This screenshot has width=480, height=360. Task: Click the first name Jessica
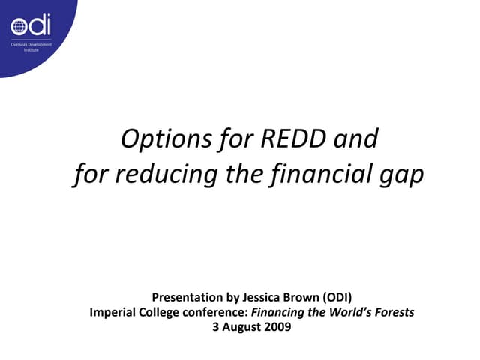[x=260, y=297]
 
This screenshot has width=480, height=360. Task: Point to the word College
[x=160, y=312]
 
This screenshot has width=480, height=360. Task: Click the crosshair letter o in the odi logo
[x=19, y=27]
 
